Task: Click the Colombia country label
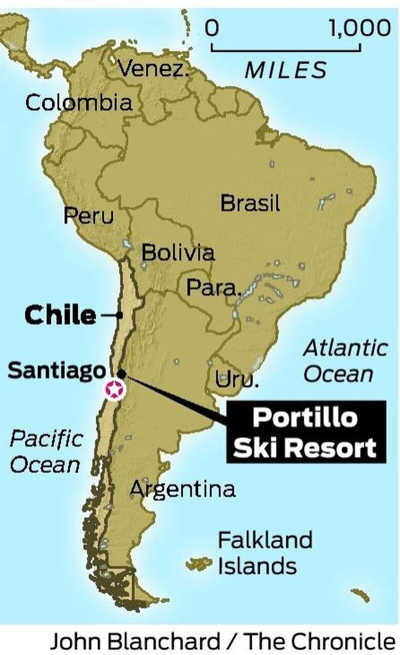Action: point(79,103)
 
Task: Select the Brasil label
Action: point(250,203)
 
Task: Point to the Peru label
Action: point(89,216)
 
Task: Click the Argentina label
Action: point(183,489)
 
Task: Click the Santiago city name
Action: point(56,371)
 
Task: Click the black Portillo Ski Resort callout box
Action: point(306,432)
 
